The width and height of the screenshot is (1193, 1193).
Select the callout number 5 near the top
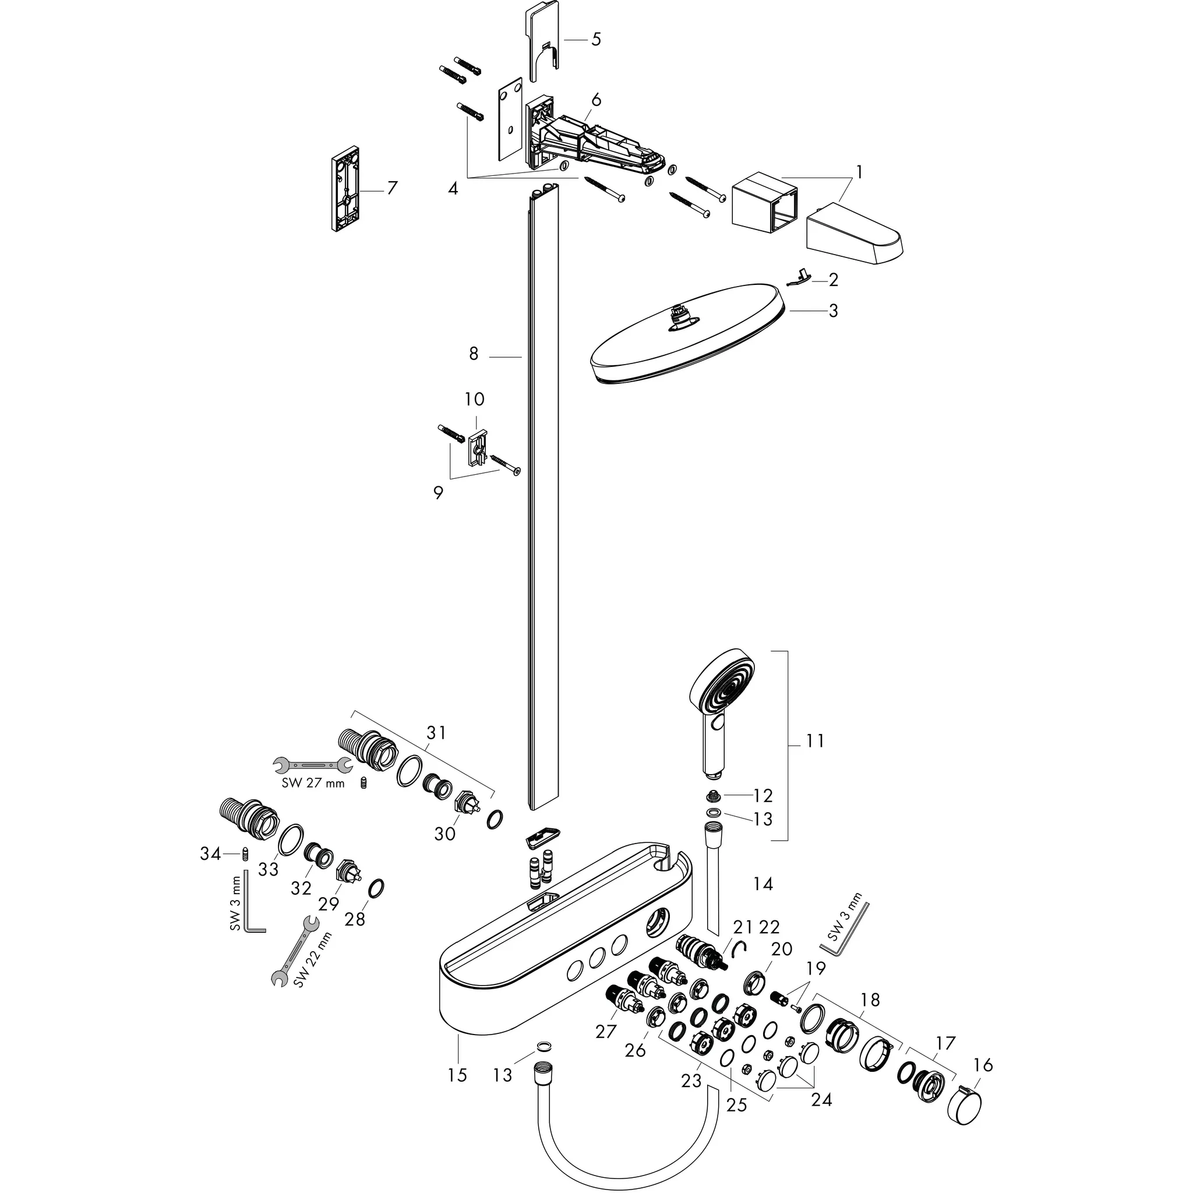click(595, 40)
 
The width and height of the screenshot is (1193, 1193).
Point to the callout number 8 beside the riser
click(474, 354)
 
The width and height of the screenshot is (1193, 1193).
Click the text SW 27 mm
click(313, 783)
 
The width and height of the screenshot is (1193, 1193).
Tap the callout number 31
click(436, 733)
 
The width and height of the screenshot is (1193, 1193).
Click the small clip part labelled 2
click(800, 277)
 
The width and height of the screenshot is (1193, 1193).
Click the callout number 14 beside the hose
click(763, 884)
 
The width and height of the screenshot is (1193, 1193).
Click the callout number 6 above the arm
click(595, 100)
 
